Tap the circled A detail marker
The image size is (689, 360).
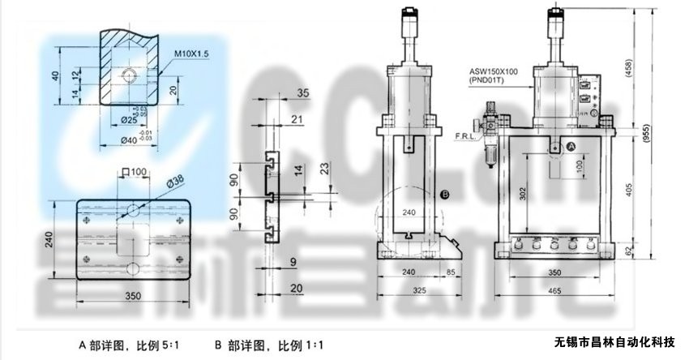570,147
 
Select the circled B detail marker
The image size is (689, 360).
445,194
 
